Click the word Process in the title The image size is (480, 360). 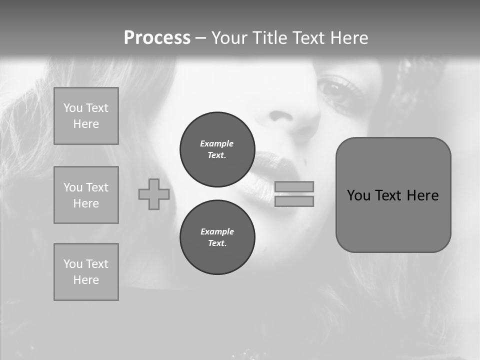pyautogui.click(x=157, y=38)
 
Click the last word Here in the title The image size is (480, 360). pyautogui.click(x=347, y=38)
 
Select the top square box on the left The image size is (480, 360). pyautogui.click(x=86, y=116)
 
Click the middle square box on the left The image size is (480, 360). pyautogui.click(x=86, y=195)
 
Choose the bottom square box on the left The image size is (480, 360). pyautogui.click(x=86, y=272)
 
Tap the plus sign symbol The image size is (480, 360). pyautogui.click(x=154, y=194)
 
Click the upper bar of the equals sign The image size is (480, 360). pyautogui.click(x=294, y=186)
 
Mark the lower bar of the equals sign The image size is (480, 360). pyautogui.click(x=294, y=201)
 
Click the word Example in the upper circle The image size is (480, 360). pyautogui.click(x=217, y=143)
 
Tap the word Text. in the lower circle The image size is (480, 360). pyautogui.click(x=217, y=243)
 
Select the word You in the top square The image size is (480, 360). pyautogui.click(x=73, y=108)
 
